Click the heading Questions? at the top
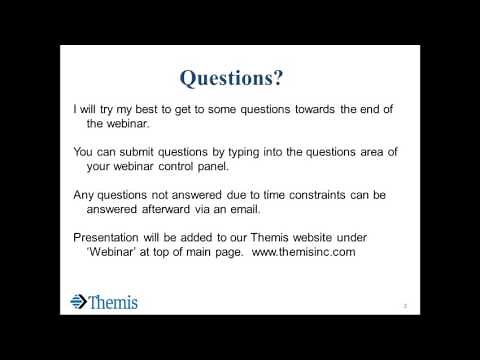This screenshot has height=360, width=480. (x=240, y=77)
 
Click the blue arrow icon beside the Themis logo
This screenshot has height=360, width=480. (x=79, y=301)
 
